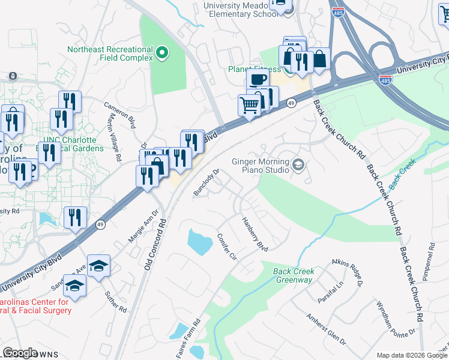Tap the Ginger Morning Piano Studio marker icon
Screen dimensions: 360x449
click(x=298, y=164)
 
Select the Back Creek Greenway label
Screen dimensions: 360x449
click(x=294, y=275)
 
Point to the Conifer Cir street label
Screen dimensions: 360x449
click(x=226, y=247)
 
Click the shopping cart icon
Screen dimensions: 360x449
click(x=249, y=105)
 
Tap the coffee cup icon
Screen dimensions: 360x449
click(x=258, y=79)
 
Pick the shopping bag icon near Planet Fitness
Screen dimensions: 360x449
click(x=319, y=59)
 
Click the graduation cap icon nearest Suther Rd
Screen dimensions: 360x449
click(x=75, y=287)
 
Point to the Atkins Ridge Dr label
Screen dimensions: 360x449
click(x=349, y=269)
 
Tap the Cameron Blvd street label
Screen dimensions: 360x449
click(x=119, y=113)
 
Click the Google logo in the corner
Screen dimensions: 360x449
click(x=20, y=352)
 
